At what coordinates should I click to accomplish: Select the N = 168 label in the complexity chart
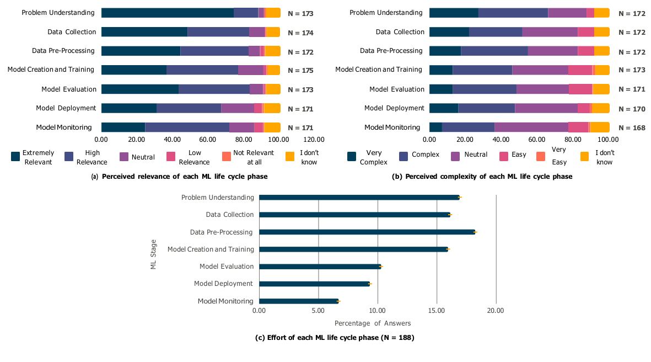coord(632,127)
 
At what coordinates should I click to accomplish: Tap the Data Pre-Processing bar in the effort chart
coord(367,232)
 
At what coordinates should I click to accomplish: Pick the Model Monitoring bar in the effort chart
coord(299,301)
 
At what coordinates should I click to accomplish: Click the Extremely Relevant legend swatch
coord(16,157)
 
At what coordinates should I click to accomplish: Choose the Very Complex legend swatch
coord(352,157)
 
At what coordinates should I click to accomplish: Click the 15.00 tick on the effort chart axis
coord(437,311)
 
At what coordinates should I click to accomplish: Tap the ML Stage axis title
coord(153,254)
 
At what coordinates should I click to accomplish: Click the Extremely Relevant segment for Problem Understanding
coord(168,13)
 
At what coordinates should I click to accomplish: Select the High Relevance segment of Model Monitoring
coord(187,127)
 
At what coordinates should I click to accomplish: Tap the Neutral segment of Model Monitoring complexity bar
coord(531,127)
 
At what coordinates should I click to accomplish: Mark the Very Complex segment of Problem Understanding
coord(454,13)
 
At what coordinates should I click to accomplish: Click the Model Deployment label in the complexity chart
coord(394,108)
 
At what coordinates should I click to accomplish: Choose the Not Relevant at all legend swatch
coord(227,157)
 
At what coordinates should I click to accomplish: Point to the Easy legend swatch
coord(503,157)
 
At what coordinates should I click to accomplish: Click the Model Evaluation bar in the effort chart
coord(320,266)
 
